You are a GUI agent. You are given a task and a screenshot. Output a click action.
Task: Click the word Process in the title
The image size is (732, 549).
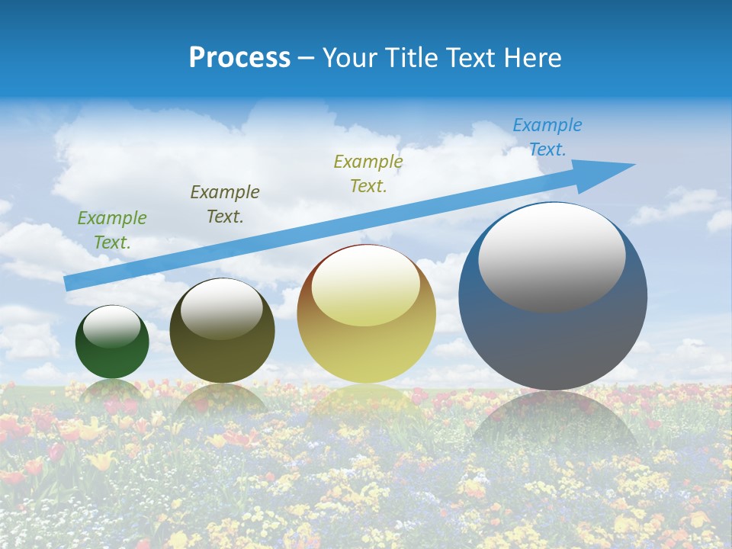pos(239,58)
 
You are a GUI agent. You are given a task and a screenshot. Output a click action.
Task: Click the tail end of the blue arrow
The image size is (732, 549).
pos(70,284)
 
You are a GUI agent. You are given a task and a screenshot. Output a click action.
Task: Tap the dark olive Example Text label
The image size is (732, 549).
pos(225,204)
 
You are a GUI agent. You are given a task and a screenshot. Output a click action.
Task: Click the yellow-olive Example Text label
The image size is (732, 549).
pos(368,173)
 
